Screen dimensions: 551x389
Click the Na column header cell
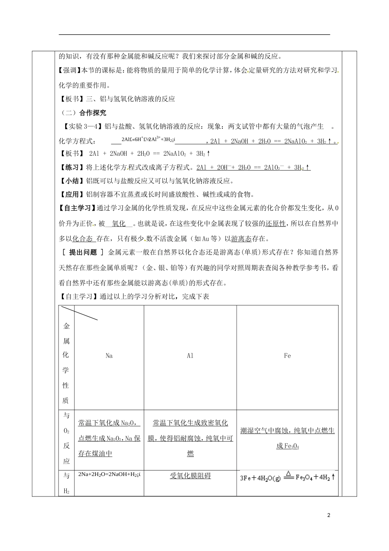(x=109, y=356)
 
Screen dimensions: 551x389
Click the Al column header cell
(x=190, y=356)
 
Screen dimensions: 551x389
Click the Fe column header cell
(x=287, y=356)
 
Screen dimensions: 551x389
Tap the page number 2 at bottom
(x=329, y=515)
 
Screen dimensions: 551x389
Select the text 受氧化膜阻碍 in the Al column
(x=190, y=476)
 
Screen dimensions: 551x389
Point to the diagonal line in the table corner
(x=79, y=313)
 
